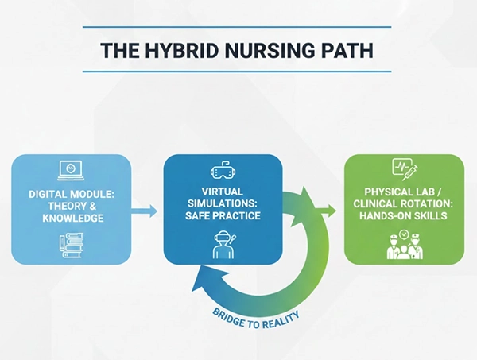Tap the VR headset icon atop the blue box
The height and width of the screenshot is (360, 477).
tap(223, 170)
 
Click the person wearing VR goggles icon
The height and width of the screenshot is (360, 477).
tap(223, 243)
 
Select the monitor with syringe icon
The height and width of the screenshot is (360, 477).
tap(403, 168)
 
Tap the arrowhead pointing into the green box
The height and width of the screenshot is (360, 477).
tap(326, 211)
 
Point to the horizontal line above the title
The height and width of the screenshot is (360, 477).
tap(238, 26)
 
